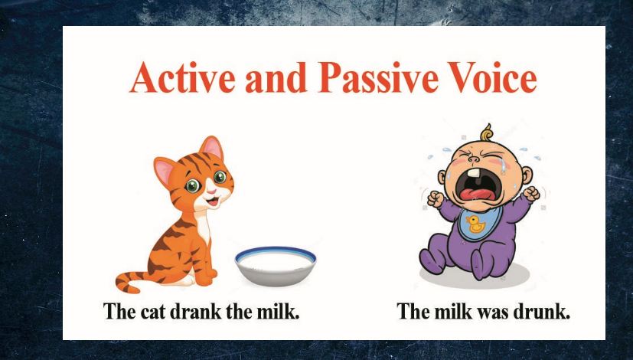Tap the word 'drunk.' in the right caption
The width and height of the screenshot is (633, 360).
[544, 313]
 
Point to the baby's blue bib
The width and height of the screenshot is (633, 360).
[476, 227]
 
